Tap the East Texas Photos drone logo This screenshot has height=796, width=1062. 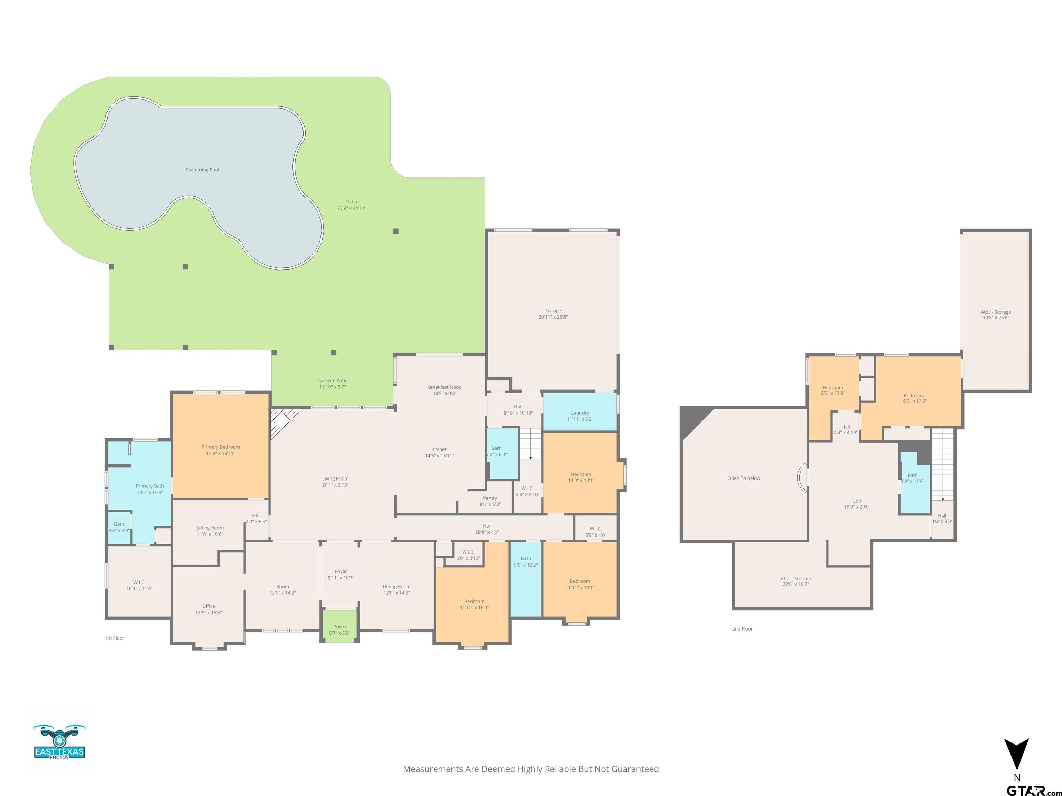click(x=59, y=741)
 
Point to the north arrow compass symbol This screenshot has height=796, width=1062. click(x=1016, y=754)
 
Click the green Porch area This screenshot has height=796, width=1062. click(x=339, y=626)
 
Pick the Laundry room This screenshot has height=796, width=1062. click(x=579, y=412)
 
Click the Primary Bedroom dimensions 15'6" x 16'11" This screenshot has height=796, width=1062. click(x=220, y=453)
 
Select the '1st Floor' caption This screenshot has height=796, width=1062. click(x=115, y=638)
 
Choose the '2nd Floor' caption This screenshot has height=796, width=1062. click(x=742, y=628)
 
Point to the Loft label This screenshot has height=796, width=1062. click(x=857, y=501)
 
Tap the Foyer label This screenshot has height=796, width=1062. click(x=341, y=571)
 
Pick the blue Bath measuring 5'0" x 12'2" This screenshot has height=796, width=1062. click(x=526, y=579)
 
